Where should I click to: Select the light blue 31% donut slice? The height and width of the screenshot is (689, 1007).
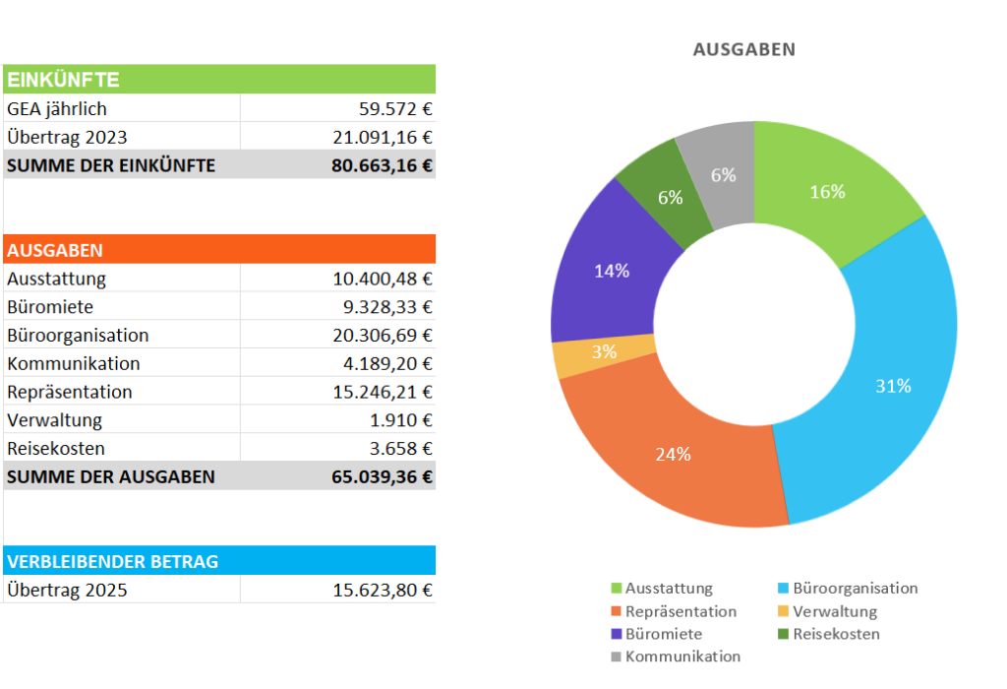(x=885, y=374)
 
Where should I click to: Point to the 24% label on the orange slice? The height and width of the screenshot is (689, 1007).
(x=674, y=455)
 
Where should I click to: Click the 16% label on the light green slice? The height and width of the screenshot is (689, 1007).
(x=827, y=192)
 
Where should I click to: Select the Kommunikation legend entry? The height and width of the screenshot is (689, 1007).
(x=681, y=657)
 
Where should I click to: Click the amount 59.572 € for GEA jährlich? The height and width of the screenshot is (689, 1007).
(x=394, y=109)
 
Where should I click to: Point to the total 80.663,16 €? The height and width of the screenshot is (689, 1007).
(x=382, y=165)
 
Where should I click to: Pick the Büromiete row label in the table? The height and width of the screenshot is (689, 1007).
(x=50, y=307)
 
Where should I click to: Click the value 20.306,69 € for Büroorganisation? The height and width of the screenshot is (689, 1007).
(x=383, y=336)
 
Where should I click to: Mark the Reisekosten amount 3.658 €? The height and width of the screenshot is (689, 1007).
(x=398, y=449)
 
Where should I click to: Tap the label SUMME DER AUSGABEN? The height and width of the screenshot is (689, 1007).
(x=111, y=477)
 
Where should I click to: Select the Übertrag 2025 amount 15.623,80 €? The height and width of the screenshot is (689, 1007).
(x=383, y=591)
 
